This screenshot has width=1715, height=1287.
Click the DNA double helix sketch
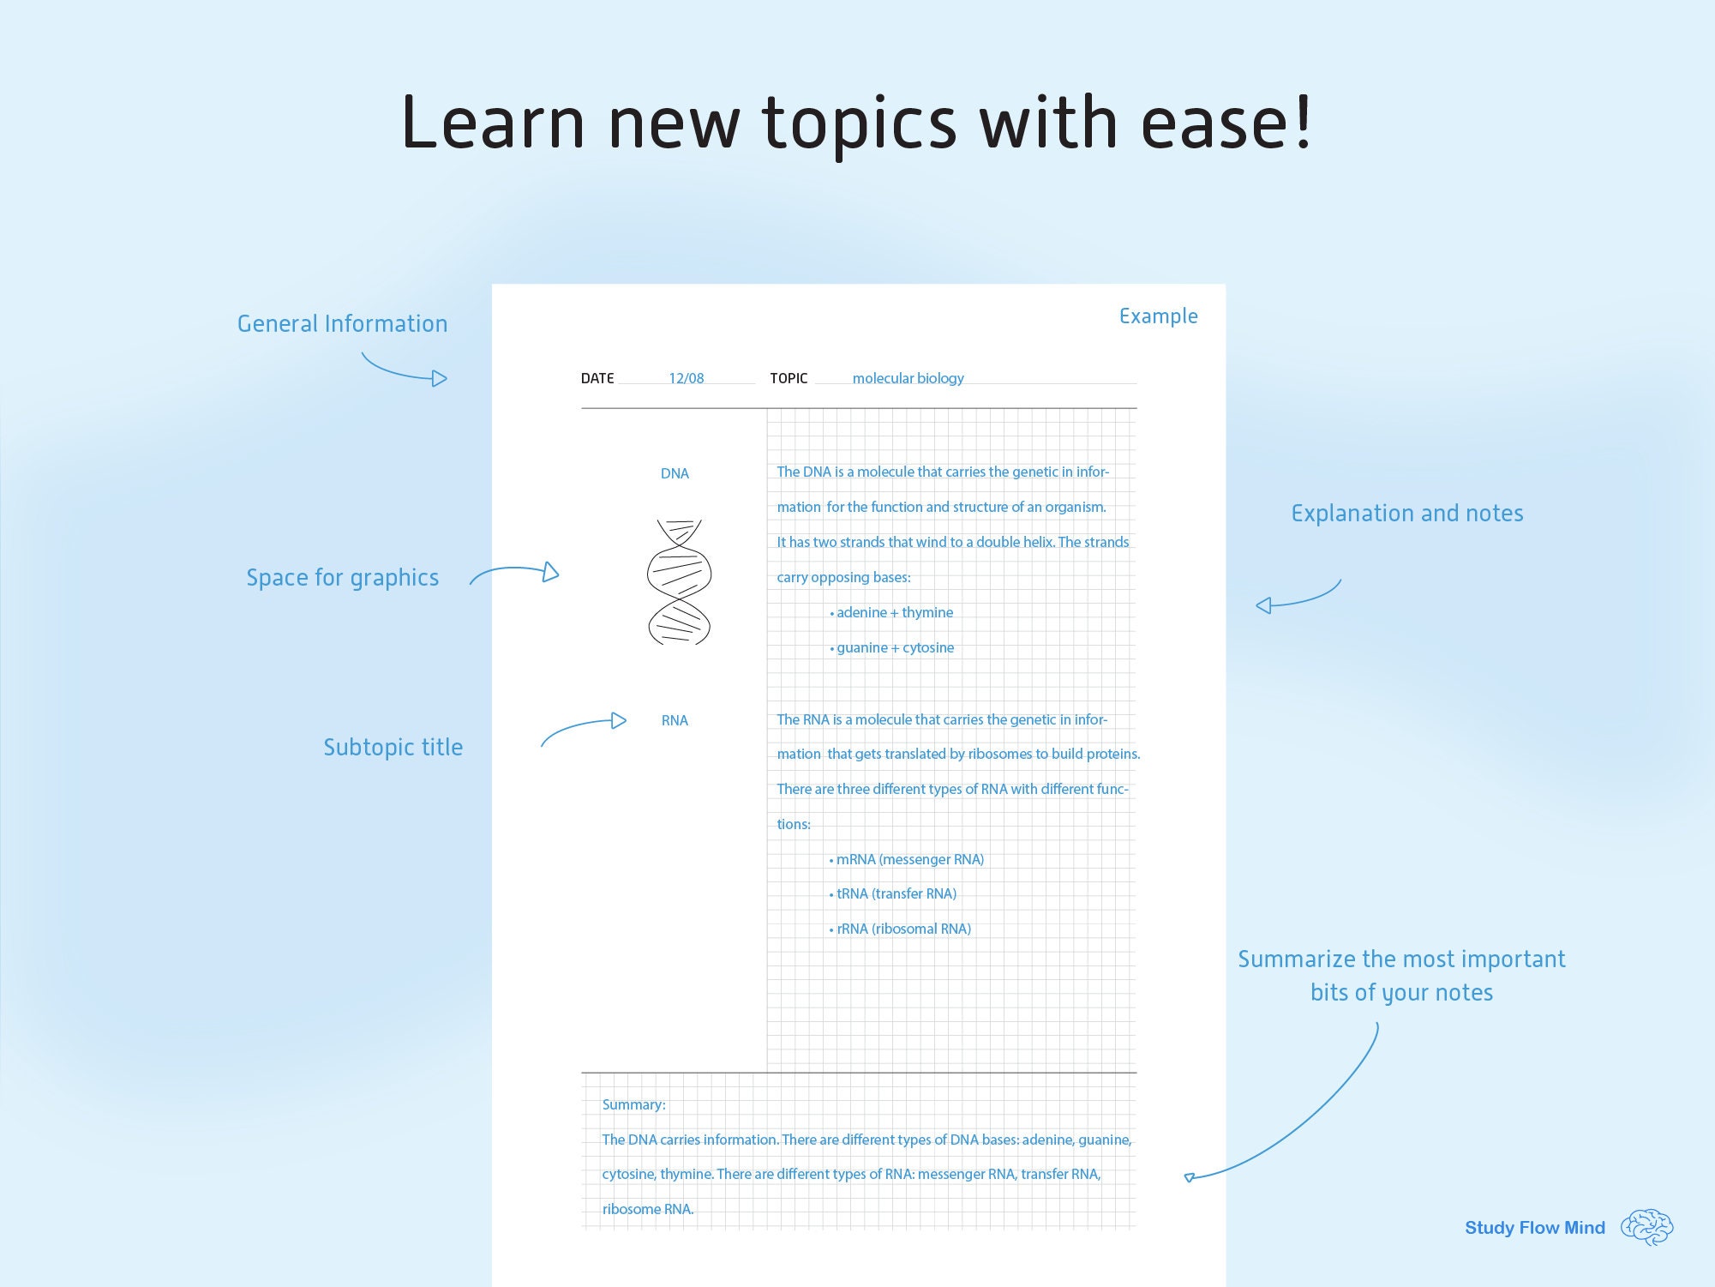point(679,582)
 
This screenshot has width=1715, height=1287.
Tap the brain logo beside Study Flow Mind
point(1646,1227)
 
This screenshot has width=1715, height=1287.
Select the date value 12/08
point(687,378)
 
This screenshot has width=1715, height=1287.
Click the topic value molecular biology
point(908,378)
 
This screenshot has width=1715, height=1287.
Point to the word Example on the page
point(1158,316)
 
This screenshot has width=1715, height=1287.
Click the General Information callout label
point(342,323)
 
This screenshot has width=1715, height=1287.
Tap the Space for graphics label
point(342,578)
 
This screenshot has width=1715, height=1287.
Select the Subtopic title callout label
point(393,747)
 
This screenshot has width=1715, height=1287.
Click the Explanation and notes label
point(1407,514)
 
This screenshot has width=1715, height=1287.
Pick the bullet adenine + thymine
point(891,612)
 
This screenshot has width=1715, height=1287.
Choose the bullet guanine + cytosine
point(891,647)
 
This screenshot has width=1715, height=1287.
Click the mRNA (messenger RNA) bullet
point(907,859)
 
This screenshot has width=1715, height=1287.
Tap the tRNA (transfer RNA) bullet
point(893,893)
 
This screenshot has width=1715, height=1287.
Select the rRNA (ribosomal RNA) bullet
point(900,929)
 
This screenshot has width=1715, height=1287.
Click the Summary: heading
point(633,1104)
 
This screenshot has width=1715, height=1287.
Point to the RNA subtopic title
point(675,720)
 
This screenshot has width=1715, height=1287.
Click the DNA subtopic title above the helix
point(675,473)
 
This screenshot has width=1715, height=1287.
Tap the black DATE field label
point(597,378)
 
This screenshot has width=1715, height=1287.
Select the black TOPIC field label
point(789,378)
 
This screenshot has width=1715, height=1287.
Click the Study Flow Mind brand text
point(1535,1228)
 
